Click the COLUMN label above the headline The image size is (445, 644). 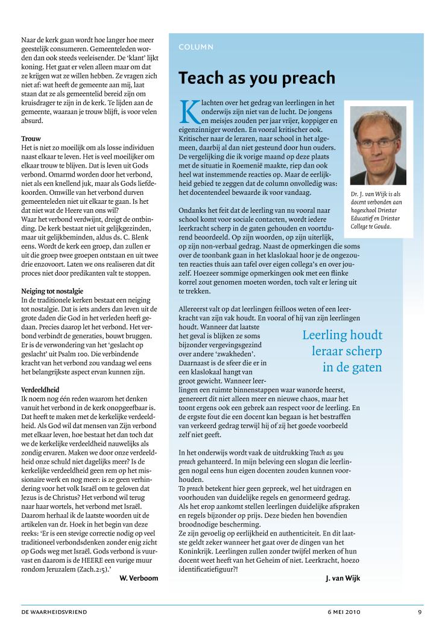[x=195, y=46]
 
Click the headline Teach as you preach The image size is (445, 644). [x=256, y=78]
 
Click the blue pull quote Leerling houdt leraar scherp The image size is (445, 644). [x=342, y=350]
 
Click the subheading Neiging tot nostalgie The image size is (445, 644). [x=52, y=291]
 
